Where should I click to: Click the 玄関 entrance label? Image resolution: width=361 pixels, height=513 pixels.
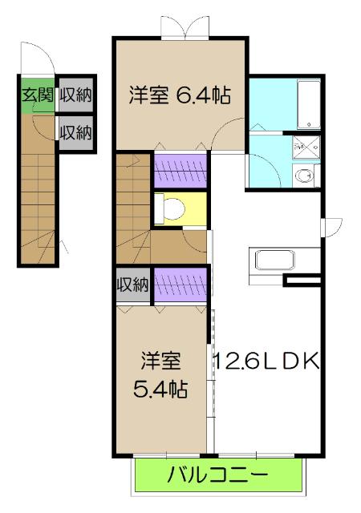click(x=38, y=95)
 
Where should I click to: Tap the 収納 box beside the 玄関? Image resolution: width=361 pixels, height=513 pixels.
click(x=75, y=95)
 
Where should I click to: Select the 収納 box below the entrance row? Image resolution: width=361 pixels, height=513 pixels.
click(x=75, y=130)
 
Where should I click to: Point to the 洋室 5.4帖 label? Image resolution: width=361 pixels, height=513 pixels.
click(x=161, y=374)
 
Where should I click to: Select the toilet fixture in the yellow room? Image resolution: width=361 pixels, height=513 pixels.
click(x=170, y=208)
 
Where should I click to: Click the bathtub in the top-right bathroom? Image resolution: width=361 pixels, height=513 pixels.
click(x=307, y=104)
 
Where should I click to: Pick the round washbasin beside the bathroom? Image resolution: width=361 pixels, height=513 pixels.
click(x=305, y=177)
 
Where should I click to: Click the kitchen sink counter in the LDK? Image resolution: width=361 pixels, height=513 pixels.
click(x=278, y=261)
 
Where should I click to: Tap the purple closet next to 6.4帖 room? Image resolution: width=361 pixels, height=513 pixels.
click(x=180, y=170)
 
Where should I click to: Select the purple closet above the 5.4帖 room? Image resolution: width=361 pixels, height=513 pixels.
click(x=180, y=285)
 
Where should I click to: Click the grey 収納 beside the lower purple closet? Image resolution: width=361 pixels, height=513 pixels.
click(x=132, y=285)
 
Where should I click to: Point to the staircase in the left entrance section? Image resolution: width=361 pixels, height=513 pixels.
click(x=37, y=200)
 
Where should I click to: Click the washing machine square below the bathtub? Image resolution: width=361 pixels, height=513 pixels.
click(x=305, y=146)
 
